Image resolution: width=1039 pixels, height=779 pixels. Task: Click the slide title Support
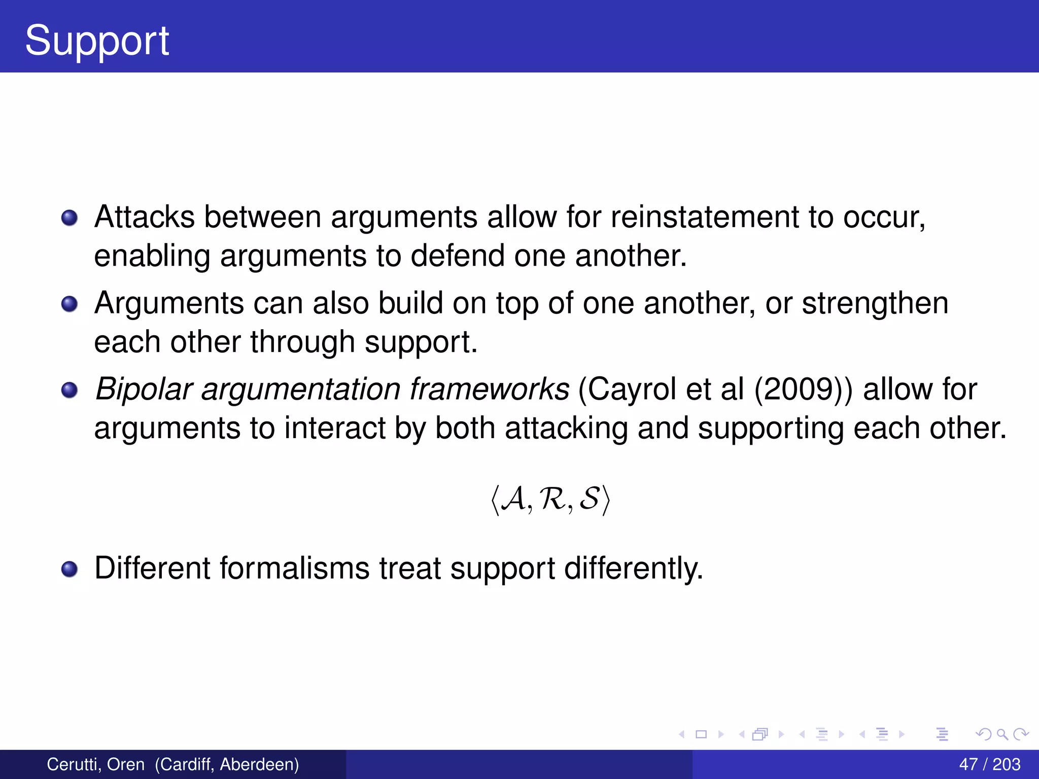pyautogui.click(x=96, y=41)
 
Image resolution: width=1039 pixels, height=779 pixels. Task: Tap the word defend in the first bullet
pyautogui.click(x=457, y=256)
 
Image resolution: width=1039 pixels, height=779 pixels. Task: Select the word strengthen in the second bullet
pyautogui.click(x=875, y=303)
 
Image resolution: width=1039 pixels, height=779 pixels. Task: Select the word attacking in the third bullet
pyautogui.click(x=566, y=428)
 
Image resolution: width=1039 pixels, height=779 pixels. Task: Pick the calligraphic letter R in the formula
pyautogui.click(x=552, y=499)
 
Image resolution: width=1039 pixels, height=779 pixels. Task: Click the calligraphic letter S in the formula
pyautogui.click(x=590, y=499)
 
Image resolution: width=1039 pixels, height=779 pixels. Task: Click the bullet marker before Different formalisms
pyautogui.click(x=70, y=569)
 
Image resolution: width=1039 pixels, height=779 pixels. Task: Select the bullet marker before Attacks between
pyautogui.click(x=70, y=218)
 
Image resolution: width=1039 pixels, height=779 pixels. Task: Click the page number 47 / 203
pyautogui.click(x=989, y=764)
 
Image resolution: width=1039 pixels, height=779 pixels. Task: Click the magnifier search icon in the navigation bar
pyautogui.click(x=1002, y=734)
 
